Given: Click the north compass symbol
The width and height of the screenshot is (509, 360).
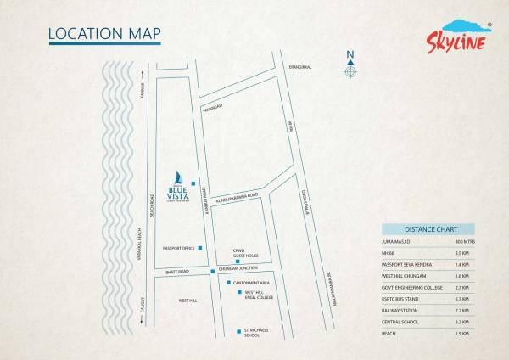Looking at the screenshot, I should tap(350, 69).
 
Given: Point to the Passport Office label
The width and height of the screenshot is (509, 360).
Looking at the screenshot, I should tap(179, 248).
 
